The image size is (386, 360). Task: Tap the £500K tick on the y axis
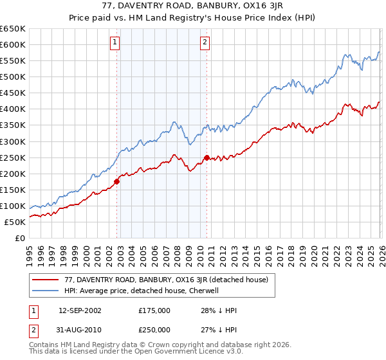[x=12, y=77]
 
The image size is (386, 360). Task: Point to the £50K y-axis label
[x=14, y=222]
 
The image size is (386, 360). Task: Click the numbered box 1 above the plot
[x=115, y=43]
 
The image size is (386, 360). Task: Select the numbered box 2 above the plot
[x=205, y=43]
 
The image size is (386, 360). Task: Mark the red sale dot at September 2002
[x=117, y=181]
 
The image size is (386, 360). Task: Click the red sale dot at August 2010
[x=207, y=157]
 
